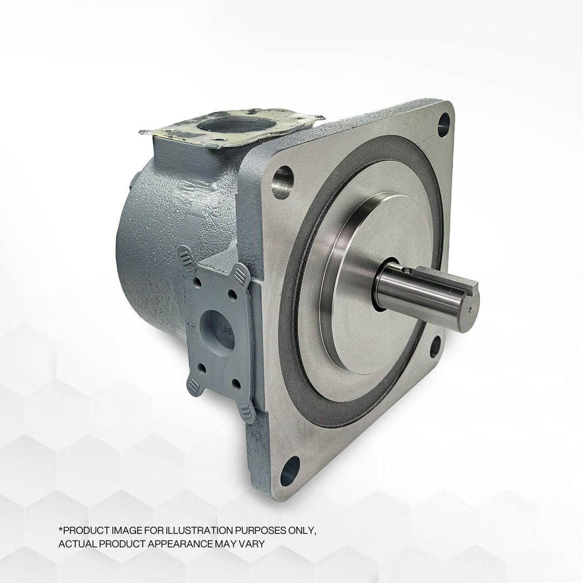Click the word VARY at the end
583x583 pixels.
(253, 544)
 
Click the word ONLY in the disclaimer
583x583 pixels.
(304, 531)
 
